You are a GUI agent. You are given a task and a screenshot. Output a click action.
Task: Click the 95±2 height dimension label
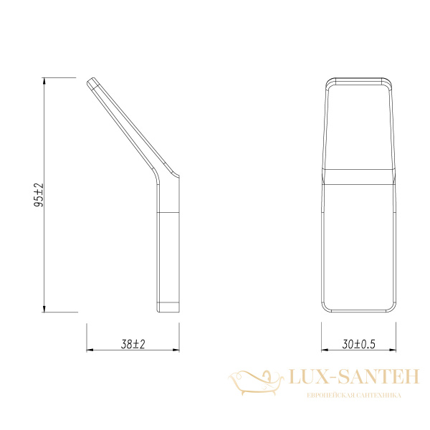coord(39,196)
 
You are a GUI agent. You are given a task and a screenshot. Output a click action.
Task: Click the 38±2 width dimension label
coord(133,345)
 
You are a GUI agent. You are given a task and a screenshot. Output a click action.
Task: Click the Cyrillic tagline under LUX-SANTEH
coord(353,396)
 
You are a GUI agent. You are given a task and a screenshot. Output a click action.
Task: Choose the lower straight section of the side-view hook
coord(168,251)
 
